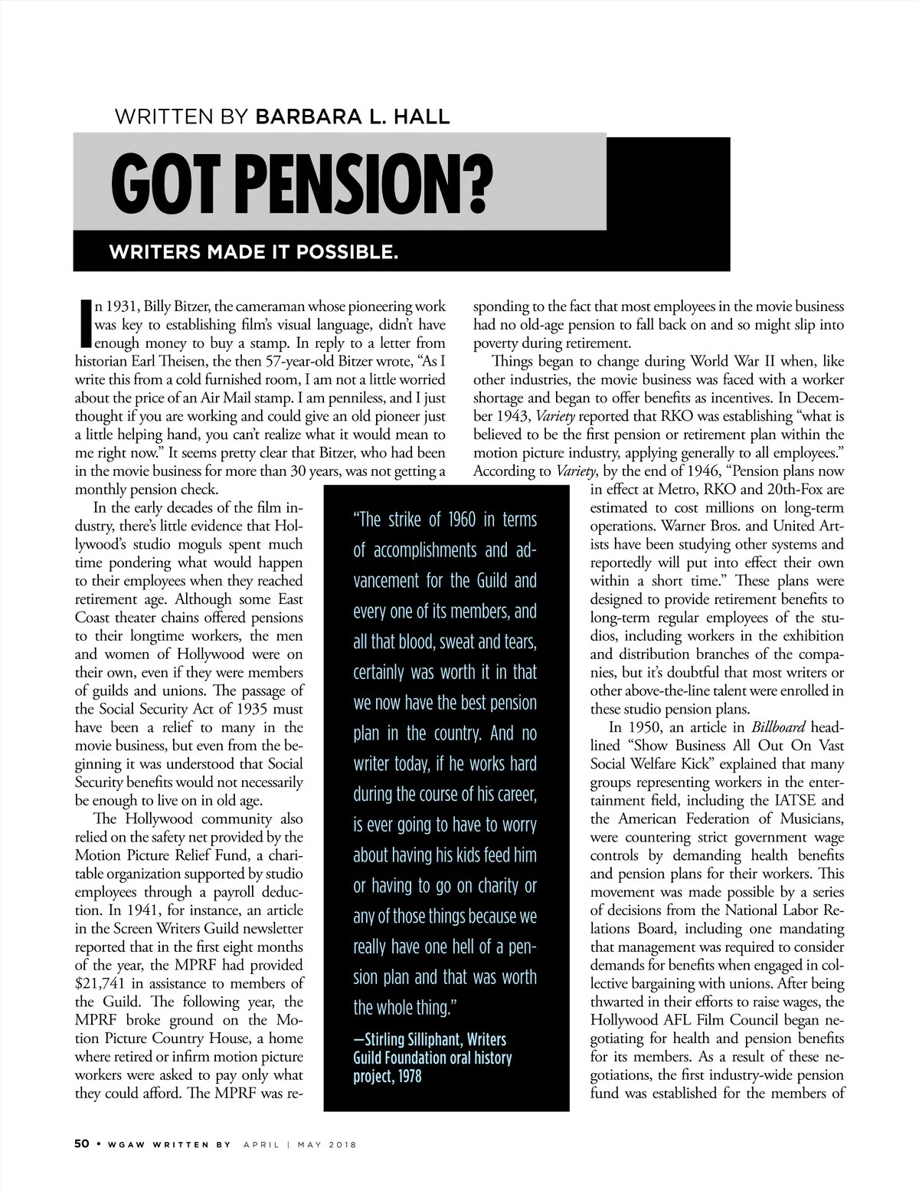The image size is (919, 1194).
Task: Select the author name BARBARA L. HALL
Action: tap(352, 117)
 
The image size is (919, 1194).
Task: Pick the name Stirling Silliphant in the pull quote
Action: tap(409, 1040)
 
